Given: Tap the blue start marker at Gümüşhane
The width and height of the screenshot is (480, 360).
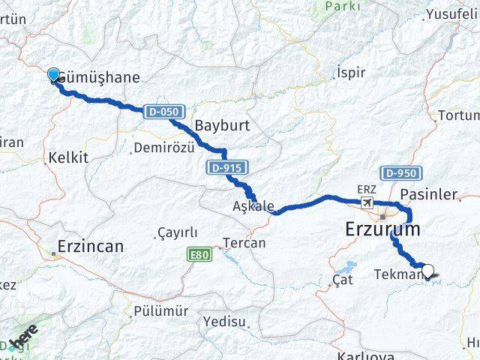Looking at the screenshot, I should [x=53, y=74].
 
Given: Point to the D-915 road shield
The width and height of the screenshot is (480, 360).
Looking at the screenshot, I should [x=223, y=168].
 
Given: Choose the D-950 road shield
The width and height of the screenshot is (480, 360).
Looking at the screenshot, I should [x=400, y=173].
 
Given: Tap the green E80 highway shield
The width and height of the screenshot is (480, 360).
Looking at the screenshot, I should [x=199, y=255].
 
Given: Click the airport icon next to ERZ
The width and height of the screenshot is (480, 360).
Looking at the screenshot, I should [x=367, y=203].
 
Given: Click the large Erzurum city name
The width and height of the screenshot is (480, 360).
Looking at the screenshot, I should [x=382, y=229].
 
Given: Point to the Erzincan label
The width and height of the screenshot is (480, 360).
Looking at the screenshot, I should [x=91, y=245].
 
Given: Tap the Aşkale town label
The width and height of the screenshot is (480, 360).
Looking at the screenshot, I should [x=253, y=205].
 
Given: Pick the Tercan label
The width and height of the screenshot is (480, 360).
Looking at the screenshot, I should [x=244, y=243].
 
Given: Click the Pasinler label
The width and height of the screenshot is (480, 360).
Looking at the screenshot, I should [x=429, y=194].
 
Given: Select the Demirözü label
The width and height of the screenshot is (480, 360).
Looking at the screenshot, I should [x=163, y=148].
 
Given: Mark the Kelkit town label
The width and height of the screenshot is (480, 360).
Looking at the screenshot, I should [x=68, y=157].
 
